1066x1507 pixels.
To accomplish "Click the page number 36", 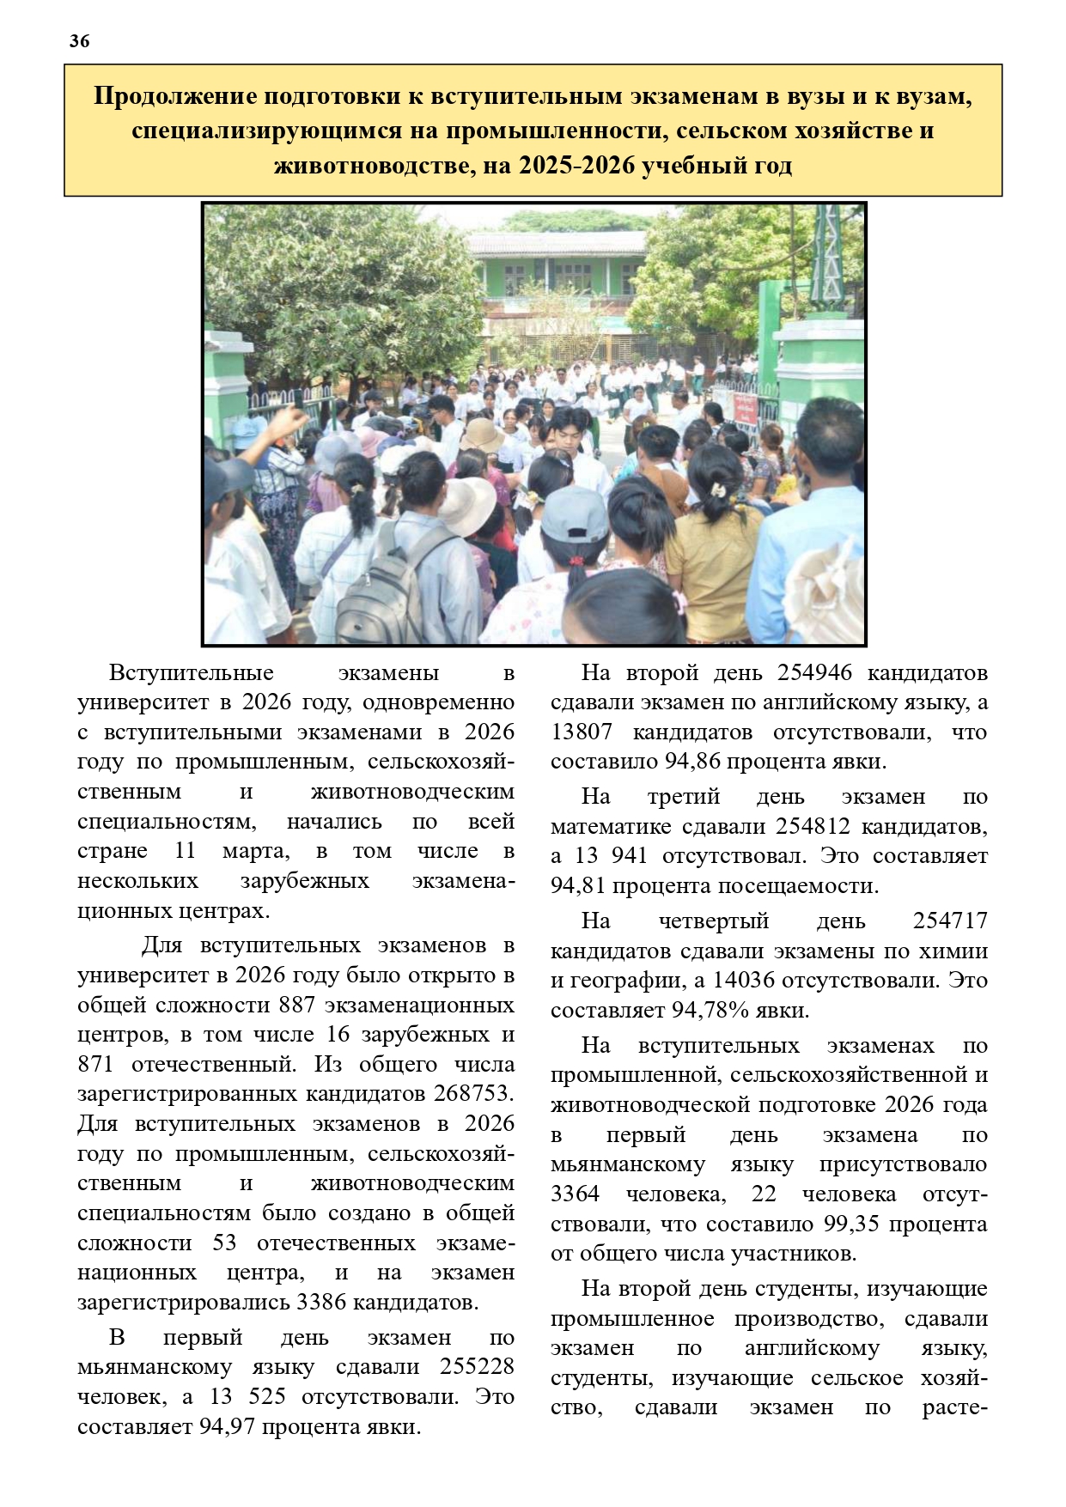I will (x=79, y=40).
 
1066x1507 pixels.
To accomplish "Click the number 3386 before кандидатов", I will (x=322, y=1302).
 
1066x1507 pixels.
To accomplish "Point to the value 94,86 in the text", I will (x=694, y=762).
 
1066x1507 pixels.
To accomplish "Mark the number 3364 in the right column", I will (x=576, y=1194).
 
